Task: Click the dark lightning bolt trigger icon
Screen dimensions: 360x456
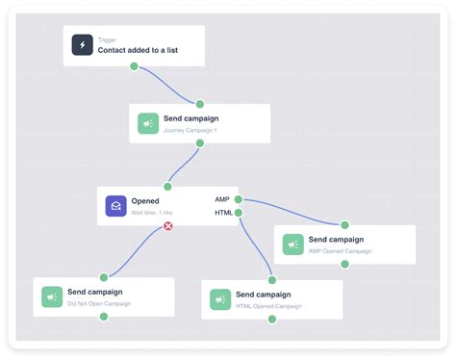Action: click(x=83, y=45)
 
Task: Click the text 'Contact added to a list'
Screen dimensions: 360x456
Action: click(x=138, y=50)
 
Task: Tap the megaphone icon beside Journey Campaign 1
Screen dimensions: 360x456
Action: click(x=148, y=123)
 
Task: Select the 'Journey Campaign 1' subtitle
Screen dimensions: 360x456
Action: click(x=190, y=130)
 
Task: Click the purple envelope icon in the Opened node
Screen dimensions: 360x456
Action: click(x=116, y=205)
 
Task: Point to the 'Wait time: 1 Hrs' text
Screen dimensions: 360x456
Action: click(x=152, y=212)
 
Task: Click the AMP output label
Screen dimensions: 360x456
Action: click(x=222, y=199)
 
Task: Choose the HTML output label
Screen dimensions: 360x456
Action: click(x=222, y=213)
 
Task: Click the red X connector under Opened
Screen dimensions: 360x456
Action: click(x=168, y=226)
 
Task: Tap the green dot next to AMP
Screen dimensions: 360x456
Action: click(x=238, y=199)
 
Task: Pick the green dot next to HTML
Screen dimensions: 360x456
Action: click(x=238, y=213)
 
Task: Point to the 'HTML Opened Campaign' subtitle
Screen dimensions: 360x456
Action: click(x=269, y=306)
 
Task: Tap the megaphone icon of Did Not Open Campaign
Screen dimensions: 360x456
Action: click(x=52, y=296)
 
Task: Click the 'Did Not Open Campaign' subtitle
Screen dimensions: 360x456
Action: click(x=99, y=303)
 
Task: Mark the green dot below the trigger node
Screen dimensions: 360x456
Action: click(x=134, y=67)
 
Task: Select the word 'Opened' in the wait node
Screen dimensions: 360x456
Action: click(x=145, y=200)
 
